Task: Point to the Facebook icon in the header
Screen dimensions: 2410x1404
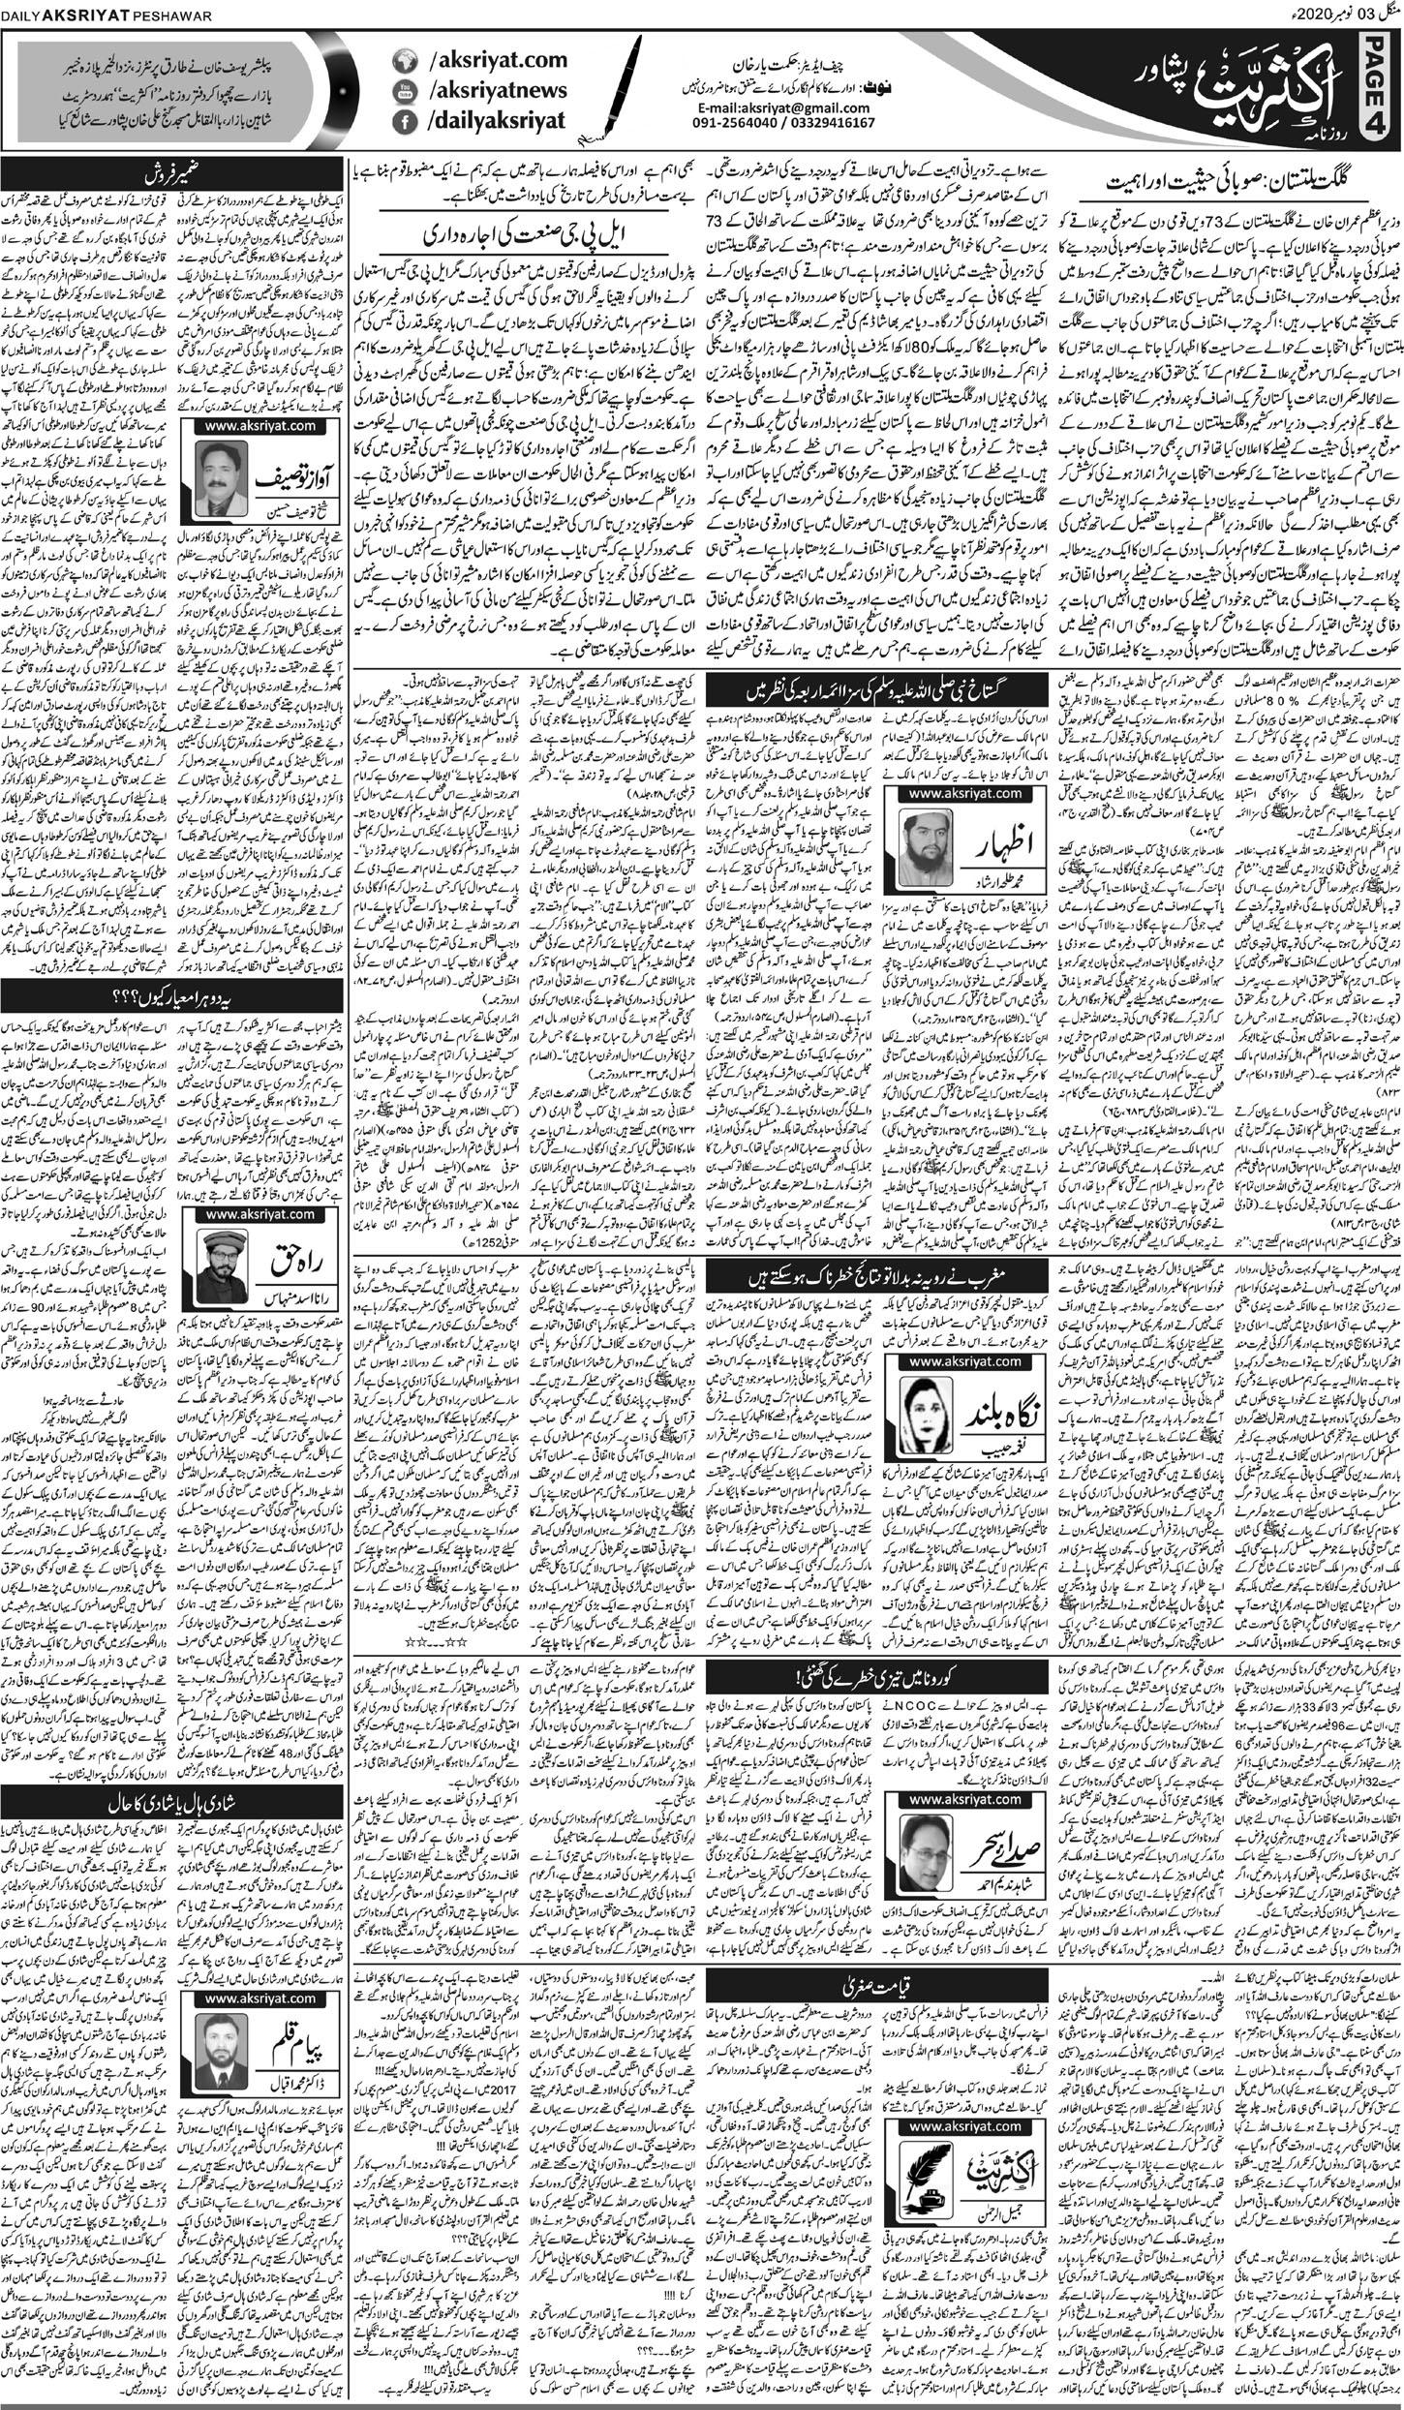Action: [x=402, y=122]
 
